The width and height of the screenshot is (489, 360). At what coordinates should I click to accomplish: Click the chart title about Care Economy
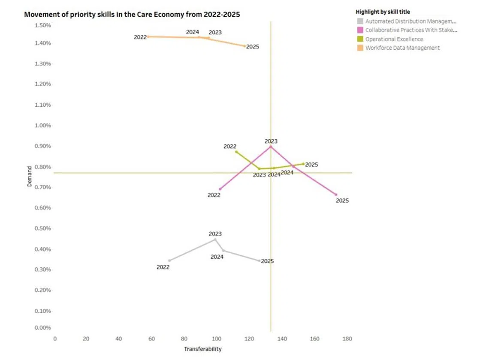point(132,14)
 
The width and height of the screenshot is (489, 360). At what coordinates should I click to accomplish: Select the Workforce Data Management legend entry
point(402,48)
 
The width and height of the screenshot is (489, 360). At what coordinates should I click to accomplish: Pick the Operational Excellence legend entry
point(394,39)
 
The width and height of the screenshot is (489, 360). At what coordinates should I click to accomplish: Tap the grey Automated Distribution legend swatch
point(360,21)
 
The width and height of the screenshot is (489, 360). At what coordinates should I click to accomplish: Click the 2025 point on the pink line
point(336,195)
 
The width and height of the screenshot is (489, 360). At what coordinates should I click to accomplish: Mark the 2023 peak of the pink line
point(271,147)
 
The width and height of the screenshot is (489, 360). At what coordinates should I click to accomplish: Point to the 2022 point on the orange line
point(148,36)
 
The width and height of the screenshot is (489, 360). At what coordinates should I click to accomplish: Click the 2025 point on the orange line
point(245,46)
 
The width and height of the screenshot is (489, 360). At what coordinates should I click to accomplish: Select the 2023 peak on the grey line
point(215,239)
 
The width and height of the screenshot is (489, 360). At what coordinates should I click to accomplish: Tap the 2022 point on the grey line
point(169,261)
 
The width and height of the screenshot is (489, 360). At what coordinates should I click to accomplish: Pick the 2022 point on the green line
point(236,152)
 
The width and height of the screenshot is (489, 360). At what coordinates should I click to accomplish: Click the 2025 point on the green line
point(303,164)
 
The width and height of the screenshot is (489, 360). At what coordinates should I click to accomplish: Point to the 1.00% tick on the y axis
point(42,126)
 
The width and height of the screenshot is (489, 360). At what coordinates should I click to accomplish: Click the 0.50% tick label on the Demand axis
point(42,228)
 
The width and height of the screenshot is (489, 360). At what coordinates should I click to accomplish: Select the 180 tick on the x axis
point(347,339)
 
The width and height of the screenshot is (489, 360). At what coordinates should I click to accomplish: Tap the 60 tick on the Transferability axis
point(152,339)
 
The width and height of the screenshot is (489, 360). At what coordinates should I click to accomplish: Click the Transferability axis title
point(203,349)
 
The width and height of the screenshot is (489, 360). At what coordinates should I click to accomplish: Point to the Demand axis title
point(30,176)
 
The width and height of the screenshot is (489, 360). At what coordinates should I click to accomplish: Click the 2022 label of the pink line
point(214,195)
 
